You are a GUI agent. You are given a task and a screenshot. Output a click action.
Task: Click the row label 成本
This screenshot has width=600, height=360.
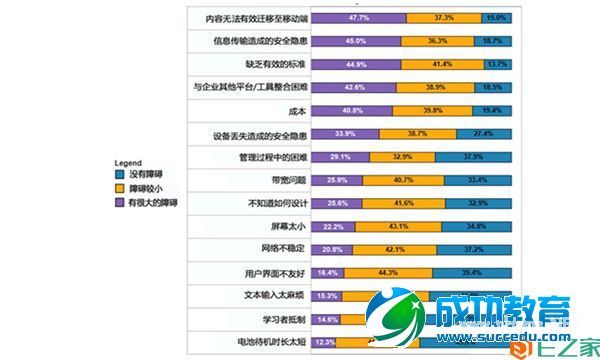point(297,110)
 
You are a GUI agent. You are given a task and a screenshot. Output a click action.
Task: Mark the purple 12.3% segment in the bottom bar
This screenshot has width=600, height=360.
point(323,341)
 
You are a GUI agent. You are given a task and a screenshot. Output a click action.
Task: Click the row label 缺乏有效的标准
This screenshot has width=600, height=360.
point(275,64)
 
